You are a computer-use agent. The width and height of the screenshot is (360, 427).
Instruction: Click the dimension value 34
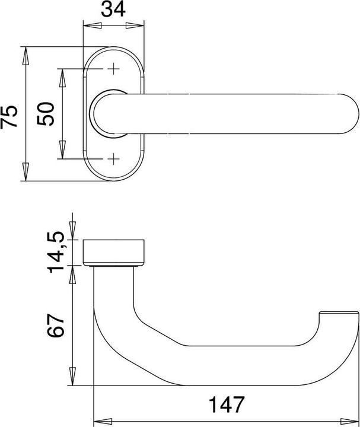point(113,9)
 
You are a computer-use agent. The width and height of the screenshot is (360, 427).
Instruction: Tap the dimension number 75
point(9,116)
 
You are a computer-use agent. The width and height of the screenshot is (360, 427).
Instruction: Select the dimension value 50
point(46,114)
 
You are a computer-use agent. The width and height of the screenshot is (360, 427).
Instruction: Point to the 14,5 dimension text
point(56,253)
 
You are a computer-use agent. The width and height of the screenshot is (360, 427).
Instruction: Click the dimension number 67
point(56,326)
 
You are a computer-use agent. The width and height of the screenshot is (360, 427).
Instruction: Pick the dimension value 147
point(227,404)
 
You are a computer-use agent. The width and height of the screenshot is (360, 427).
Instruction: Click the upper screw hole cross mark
point(113,69)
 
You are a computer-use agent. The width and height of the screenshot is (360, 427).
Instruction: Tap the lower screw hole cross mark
point(113,159)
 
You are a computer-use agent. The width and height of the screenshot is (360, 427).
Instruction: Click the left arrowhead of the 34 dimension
point(92,26)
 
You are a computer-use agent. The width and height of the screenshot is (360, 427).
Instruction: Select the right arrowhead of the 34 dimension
point(135,26)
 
